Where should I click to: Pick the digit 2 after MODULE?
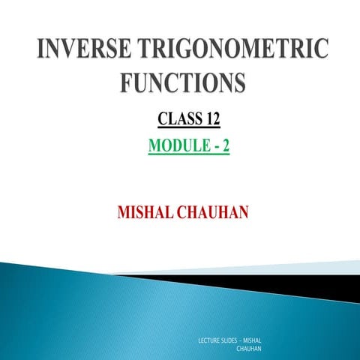click(224, 144)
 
